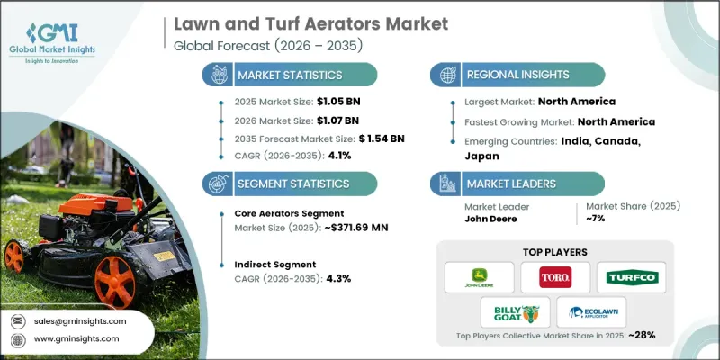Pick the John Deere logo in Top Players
click(x=481, y=276)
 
